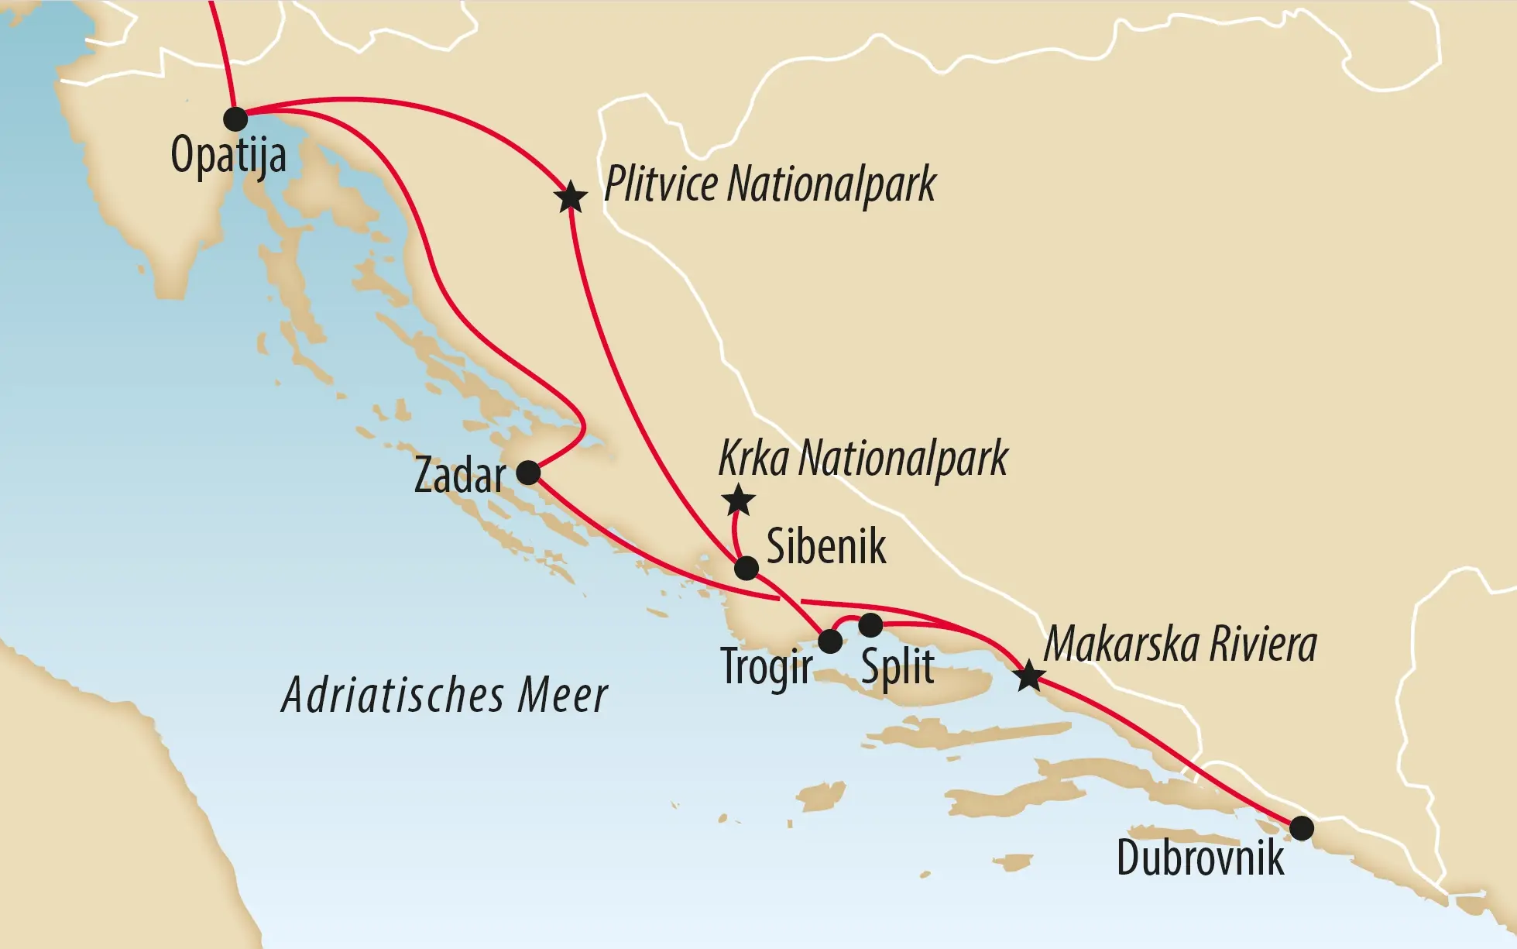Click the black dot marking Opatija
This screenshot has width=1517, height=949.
click(x=235, y=119)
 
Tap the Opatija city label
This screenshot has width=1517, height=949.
click(x=228, y=156)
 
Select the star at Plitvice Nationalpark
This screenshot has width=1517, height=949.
click(x=571, y=198)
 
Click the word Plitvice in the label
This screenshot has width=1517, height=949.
click(x=661, y=184)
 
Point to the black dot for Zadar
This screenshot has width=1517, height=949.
click(x=528, y=473)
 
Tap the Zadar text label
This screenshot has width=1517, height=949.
click(x=459, y=475)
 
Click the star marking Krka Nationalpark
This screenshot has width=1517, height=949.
click(x=738, y=500)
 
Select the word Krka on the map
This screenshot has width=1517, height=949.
click(x=753, y=458)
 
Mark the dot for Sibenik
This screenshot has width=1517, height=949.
click(x=746, y=568)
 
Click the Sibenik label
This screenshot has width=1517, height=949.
click(x=825, y=546)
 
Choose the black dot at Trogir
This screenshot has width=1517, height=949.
click(x=829, y=641)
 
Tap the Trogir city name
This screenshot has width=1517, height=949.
click(x=766, y=667)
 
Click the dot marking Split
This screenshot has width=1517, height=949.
click(x=870, y=624)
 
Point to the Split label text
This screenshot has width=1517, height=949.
click(x=898, y=667)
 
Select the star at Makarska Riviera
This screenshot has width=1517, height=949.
click(x=1028, y=676)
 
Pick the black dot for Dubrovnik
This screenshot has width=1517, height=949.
click(x=1302, y=828)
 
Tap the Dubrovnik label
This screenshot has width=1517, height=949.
click(x=1200, y=858)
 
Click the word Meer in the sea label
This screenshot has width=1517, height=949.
click(x=562, y=695)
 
